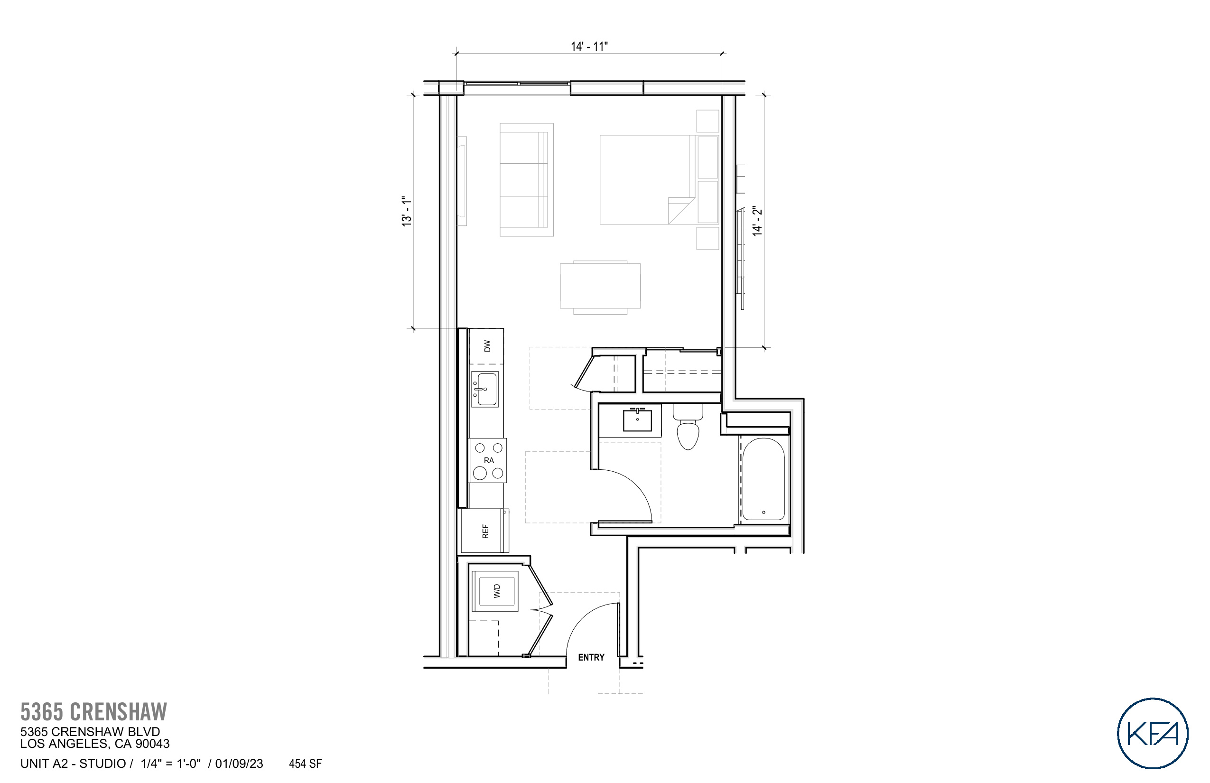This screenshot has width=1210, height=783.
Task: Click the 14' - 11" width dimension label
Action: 589,47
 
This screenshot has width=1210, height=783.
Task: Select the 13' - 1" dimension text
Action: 407,211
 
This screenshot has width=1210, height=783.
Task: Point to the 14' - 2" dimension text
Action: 757,221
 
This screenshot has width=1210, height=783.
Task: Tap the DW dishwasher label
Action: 487,346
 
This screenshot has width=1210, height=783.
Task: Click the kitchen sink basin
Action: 485,389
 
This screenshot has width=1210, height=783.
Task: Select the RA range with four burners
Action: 488,461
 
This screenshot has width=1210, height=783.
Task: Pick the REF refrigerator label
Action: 485,531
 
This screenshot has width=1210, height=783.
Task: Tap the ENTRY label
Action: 591,657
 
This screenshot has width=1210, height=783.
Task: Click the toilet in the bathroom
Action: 688,432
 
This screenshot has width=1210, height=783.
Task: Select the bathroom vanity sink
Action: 637,420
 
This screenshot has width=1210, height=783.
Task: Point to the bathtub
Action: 763,479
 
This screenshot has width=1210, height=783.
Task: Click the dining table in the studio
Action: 600,286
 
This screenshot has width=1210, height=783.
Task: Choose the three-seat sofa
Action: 526,179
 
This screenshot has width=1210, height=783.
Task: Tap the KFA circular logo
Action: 1152,733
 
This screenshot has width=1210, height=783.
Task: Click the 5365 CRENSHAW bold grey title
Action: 93,712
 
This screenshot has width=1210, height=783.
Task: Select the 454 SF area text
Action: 305,764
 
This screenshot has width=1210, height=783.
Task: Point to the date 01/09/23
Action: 239,764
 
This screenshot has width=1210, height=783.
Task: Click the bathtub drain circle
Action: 763,513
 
